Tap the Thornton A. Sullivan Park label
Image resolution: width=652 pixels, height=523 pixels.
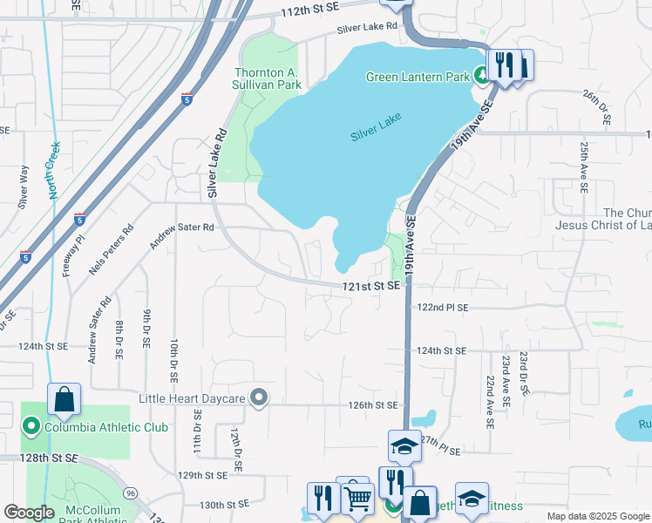coord(268,78)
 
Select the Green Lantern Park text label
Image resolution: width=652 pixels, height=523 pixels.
coord(418,77)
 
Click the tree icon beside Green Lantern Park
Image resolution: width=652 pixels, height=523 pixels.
coord(480,77)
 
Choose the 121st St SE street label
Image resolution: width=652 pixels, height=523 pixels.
coord(370,286)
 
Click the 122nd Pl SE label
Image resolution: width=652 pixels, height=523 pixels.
coord(442,308)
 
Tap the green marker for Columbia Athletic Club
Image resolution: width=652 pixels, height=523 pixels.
coord(31,427)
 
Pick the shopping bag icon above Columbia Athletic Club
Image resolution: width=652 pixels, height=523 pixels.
coord(64,400)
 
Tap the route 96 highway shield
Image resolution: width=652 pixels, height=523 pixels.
coord(129,492)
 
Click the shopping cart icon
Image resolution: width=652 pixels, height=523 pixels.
coord(358,498)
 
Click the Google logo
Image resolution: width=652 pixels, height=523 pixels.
coord(29,513)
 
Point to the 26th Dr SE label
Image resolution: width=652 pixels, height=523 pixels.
coord(605,105)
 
